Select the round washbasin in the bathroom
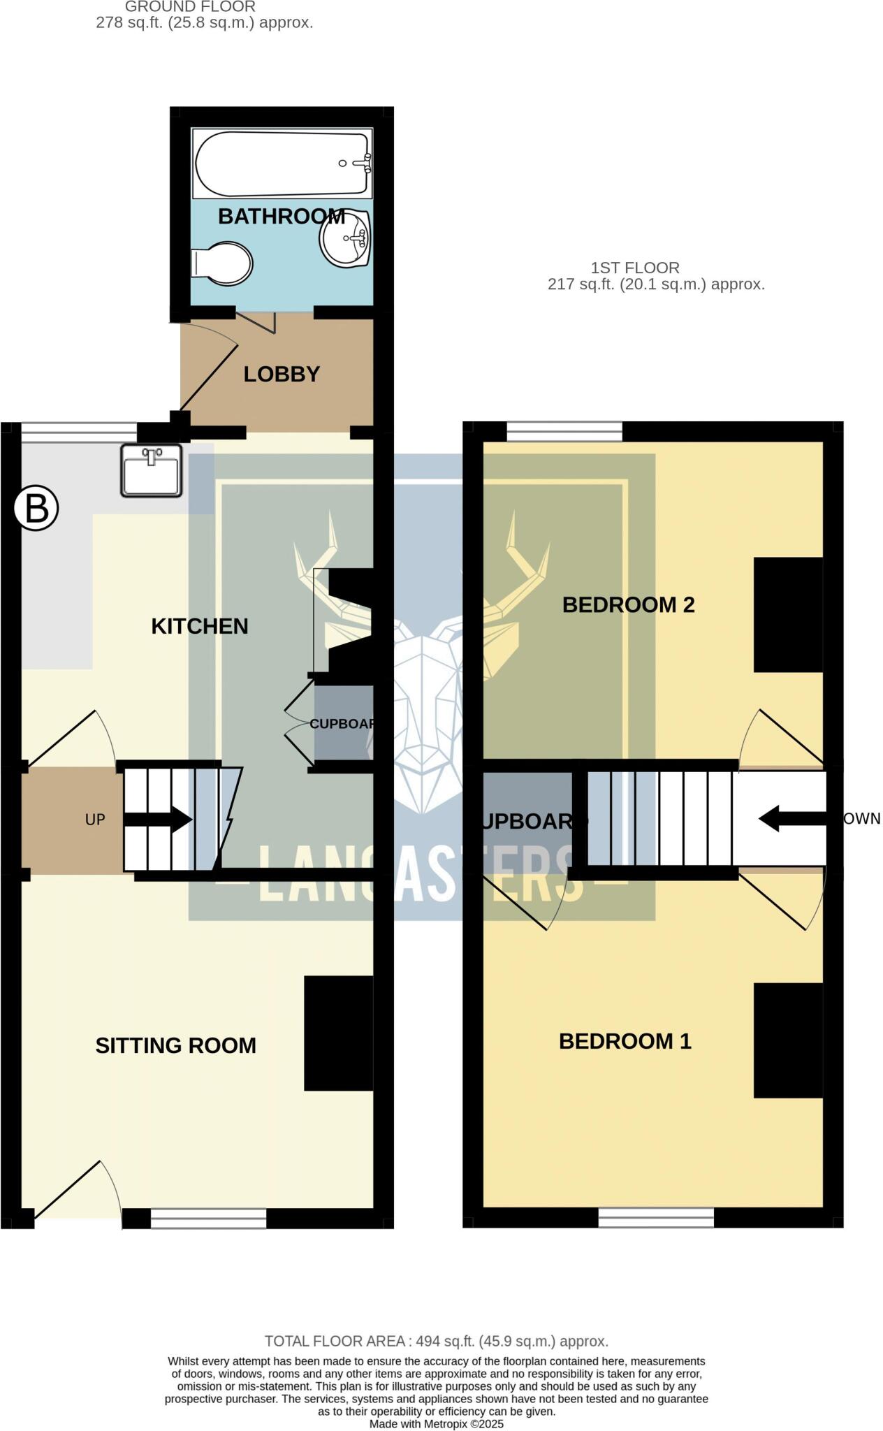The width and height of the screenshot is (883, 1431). (344, 238)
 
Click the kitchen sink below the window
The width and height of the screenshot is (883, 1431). (151, 470)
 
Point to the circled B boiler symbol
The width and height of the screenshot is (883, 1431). (36, 509)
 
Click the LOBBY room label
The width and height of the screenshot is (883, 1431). (282, 374)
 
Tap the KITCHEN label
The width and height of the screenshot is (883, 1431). (200, 626)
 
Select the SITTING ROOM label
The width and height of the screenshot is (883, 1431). (175, 1045)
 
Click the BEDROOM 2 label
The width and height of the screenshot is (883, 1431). (628, 604)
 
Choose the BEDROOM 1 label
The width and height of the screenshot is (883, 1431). (625, 1041)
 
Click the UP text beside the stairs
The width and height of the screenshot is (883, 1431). (95, 820)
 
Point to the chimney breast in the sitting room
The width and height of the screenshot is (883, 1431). (338, 1033)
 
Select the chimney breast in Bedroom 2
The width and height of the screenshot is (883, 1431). (787, 614)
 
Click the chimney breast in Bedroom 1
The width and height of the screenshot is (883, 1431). (787, 1040)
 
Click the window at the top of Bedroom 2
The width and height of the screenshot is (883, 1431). (564, 431)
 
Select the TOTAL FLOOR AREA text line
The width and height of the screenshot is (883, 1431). (436, 1341)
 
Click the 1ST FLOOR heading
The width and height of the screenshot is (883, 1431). (634, 268)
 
